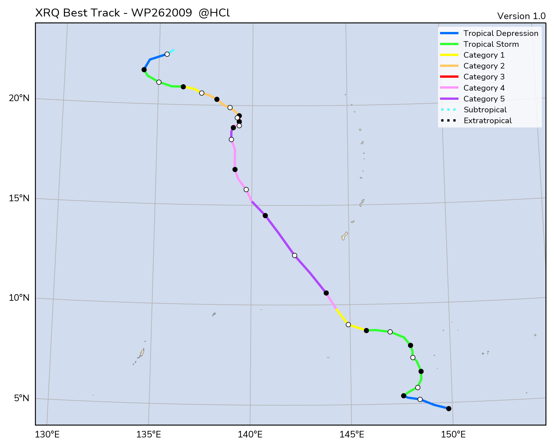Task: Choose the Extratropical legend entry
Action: [487, 121]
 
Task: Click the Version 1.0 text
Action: [521, 16]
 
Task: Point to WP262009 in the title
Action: [161, 13]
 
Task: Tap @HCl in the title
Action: [214, 13]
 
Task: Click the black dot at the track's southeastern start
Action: [449, 408]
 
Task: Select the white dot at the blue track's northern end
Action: [167, 54]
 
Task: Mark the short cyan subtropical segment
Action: [171, 51]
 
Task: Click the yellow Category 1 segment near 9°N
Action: [342, 317]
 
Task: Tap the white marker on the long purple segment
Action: [294, 255]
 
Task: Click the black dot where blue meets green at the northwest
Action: [144, 70]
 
